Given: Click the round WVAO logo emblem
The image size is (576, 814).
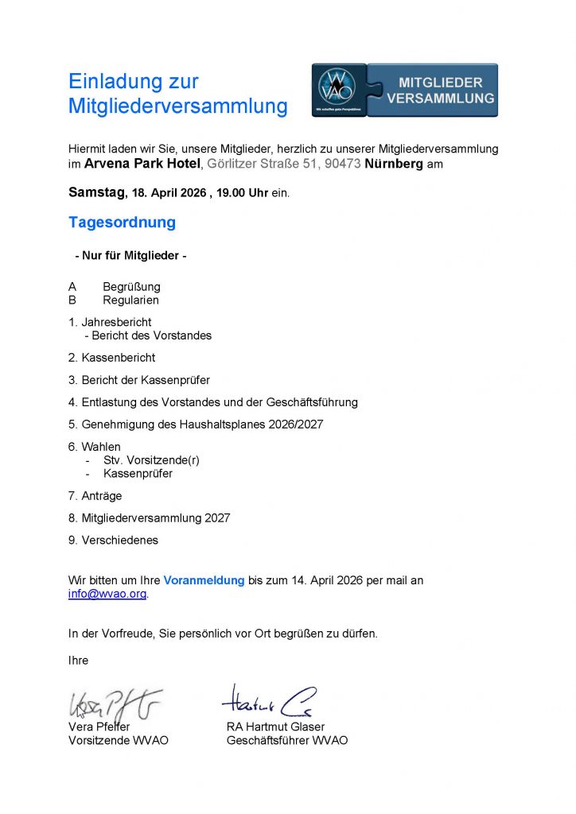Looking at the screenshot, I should pyautogui.click(x=337, y=86).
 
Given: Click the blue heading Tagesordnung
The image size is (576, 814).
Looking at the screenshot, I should pyautogui.click(x=122, y=223).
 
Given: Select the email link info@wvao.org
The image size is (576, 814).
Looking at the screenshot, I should pyautogui.click(x=107, y=594).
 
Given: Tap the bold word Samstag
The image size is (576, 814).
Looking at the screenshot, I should pyautogui.click(x=96, y=192).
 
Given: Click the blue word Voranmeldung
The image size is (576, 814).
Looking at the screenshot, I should pyautogui.click(x=204, y=580).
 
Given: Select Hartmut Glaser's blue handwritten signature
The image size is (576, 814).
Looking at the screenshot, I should pyautogui.click(x=268, y=700).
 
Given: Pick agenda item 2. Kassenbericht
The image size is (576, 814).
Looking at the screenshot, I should pyautogui.click(x=112, y=358).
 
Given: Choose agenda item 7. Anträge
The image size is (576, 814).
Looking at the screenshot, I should pyautogui.click(x=95, y=496).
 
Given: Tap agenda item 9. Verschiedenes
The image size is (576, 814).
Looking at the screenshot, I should pyautogui.click(x=113, y=541).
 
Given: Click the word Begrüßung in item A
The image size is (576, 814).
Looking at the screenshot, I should pyautogui.click(x=131, y=286).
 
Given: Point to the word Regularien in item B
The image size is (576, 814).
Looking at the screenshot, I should pyautogui.click(x=130, y=300).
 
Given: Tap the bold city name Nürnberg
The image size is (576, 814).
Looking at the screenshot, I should pyautogui.click(x=394, y=165).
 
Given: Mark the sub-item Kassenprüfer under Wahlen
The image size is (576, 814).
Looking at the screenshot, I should pyautogui.click(x=138, y=474).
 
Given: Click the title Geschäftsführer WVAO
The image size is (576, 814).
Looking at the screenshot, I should pyautogui.click(x=287, y=740).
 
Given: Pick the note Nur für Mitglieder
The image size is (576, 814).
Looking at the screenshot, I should pyautogui.click(x=130, y=256).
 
